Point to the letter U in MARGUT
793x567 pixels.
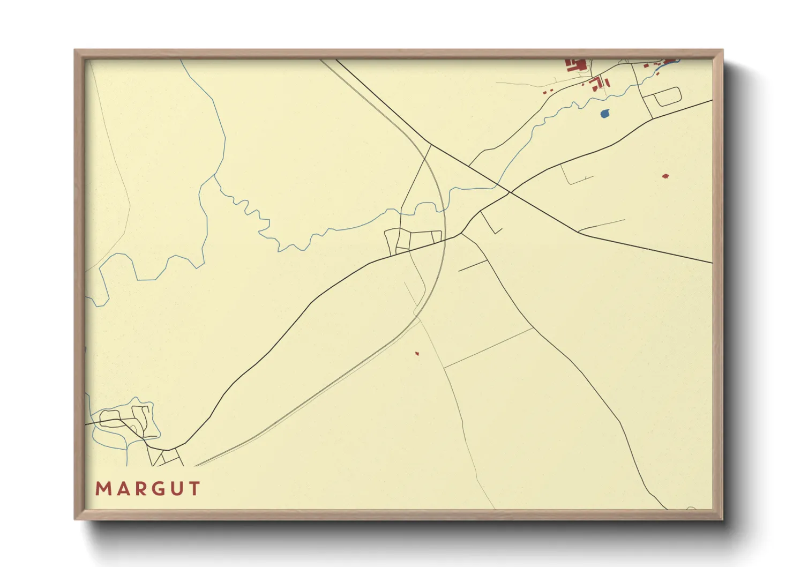pos(176,489)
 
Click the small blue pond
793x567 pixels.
pos(604,113)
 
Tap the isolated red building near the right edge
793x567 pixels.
pos(665,176)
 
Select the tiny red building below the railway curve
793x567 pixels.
pos(416,353)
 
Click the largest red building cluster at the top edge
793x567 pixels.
pos(576,65)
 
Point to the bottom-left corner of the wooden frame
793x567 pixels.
pos(76,519)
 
